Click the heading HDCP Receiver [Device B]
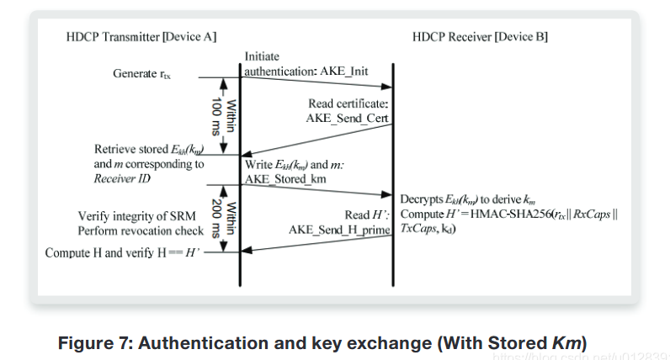(481, 38)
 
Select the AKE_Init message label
(345, 71)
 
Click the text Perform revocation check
(141, 230)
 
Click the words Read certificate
(347, 103)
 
